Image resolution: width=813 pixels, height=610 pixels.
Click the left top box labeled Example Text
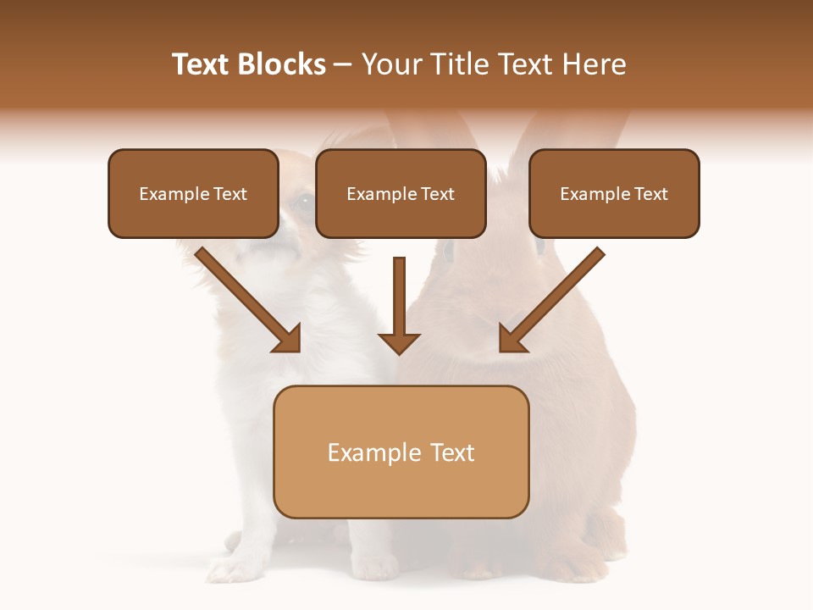click(193, 193)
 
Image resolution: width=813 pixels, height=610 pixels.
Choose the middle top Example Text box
click(401, 193)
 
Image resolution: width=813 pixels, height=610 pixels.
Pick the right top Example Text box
click(614, 193)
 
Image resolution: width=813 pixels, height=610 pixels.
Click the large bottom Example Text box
click(401, 452)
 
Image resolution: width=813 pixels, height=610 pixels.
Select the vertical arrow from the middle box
click(399, 297)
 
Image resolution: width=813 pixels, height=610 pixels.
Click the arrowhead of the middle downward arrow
click(399, 341)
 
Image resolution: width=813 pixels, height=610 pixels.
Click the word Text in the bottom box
click(453, 452)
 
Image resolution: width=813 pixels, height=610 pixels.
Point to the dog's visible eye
click(302, 202)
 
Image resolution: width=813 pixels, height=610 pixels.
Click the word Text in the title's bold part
click(200, 64)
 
